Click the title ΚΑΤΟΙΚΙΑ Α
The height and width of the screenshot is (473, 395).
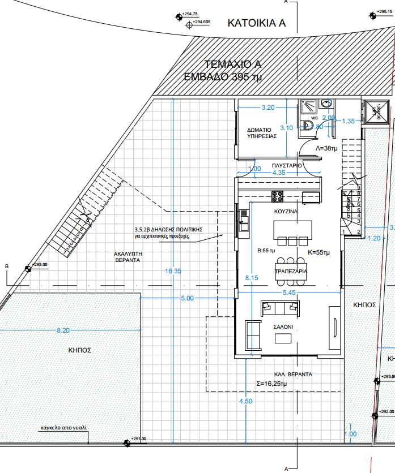click(x=256, y=23)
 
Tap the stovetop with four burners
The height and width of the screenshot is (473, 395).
click(x=278, y=197)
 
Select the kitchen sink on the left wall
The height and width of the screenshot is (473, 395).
click(x=243, y=220)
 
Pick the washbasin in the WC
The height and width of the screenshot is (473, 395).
click(x=326, y=104)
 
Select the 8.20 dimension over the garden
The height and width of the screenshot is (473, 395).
click(x=63, y=330)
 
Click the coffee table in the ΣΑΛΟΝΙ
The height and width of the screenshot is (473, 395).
click(x=283, y=338)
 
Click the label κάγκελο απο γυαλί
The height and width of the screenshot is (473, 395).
click(x=63, y=428)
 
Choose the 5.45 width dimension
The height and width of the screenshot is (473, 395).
click(x=289, y=293)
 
